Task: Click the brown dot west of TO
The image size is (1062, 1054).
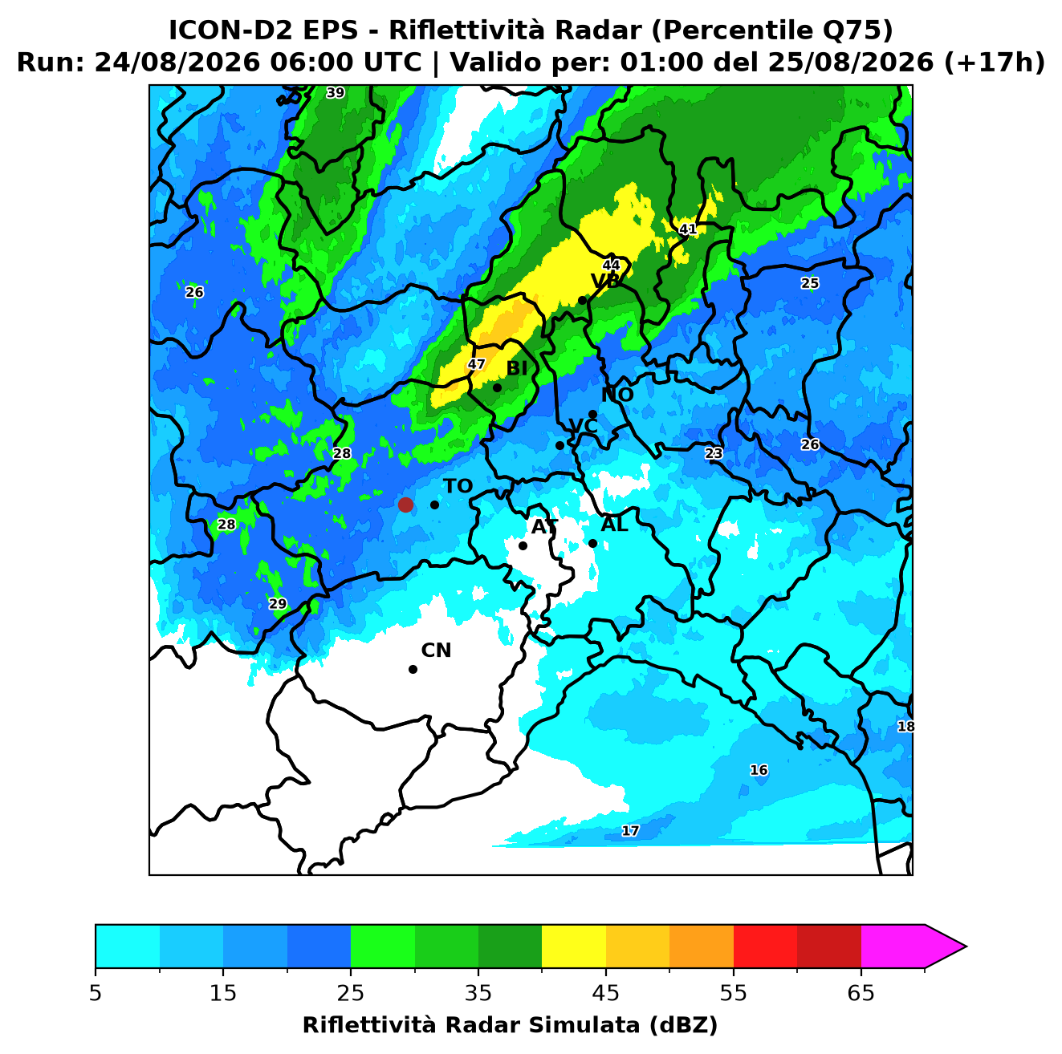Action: pos(405,505)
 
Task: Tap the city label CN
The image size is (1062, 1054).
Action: pos(436,651)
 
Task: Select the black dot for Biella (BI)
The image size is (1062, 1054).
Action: pos(497,388)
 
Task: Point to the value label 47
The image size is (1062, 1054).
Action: pos(476,364)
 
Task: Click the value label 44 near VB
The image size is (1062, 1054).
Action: pos(611,265)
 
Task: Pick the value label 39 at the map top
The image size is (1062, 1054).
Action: pos(335,92)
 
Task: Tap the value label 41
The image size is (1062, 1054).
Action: pos(687,229)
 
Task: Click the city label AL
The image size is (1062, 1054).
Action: pos(614,525)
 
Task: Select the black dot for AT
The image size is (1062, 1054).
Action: pos(523,546)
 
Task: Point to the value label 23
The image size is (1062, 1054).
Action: pos(714,453)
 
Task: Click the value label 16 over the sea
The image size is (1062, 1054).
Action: pos(759,770)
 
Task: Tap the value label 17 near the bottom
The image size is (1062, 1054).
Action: pos(630,831)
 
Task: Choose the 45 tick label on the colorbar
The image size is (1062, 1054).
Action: pos(606,993)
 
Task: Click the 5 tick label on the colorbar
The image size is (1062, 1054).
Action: pos(96,993)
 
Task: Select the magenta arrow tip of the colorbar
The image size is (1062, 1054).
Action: pos(966,947)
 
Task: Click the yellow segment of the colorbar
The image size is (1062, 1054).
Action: pos(574,947)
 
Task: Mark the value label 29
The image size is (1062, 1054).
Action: pos(277,604)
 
